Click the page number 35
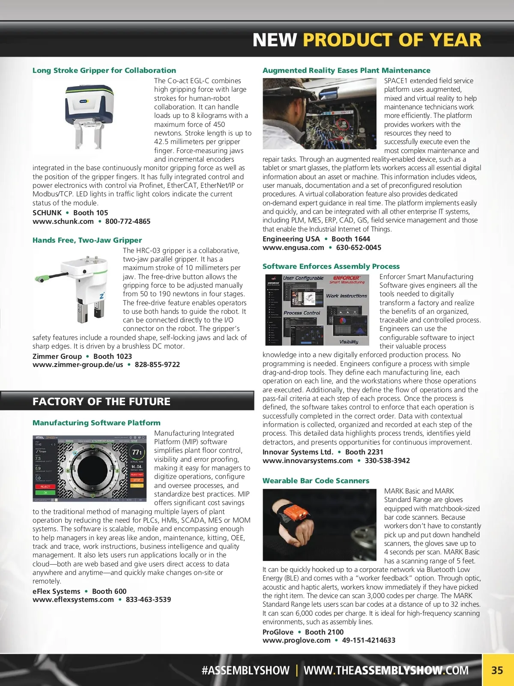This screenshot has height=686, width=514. click(497, 670)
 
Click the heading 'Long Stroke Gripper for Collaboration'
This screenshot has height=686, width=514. click(104, 70)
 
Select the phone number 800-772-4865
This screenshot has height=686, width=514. click(128, 221)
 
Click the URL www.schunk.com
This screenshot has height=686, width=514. click(63, 221)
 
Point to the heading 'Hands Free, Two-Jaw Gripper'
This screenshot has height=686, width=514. click(87, 240)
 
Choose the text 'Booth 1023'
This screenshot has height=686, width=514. click(113, 356)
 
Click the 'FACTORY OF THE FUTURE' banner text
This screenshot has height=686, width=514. click(102, 401)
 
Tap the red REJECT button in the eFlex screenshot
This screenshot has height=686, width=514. click(45, 487)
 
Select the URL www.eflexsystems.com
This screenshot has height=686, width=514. click(73, 599)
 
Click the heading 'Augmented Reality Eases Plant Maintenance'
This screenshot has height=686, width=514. click(346, 70)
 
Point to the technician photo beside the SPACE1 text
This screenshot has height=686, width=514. click(319, 114)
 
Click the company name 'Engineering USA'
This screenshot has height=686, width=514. click(291, 239)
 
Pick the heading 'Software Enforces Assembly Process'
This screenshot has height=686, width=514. click(331, 266)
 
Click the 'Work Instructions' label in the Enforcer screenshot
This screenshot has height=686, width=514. click(346, 296)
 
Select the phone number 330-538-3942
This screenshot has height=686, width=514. click(387, 460)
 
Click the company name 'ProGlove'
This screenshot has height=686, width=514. click(278, 632)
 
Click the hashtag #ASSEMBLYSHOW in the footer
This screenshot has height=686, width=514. click(245, 670)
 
